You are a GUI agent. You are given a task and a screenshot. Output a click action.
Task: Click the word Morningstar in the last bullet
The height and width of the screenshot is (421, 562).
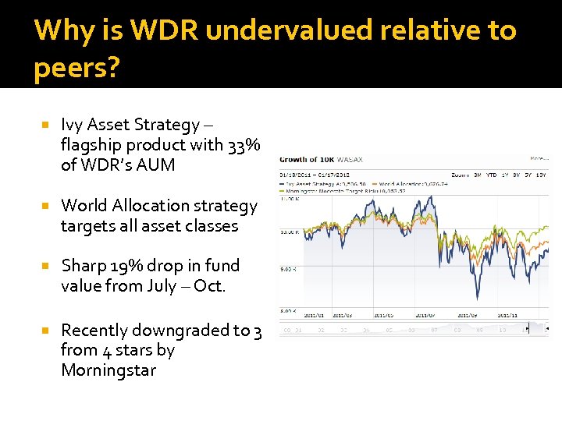click(108, 370)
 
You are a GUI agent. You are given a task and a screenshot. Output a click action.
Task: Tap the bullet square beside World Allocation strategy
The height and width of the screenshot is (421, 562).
click(47, 206)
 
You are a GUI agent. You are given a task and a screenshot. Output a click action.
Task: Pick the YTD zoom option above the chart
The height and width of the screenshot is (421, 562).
click(492, 174)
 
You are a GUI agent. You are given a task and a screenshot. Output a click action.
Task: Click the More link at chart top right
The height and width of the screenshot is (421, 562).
click(539, 157)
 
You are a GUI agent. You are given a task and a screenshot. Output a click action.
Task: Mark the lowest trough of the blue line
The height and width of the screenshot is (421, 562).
click(478, 300)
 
